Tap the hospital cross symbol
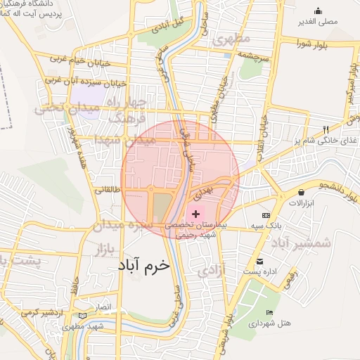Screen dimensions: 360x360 click(x=195, y=212)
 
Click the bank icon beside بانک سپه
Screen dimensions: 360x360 click(x=266, y=215)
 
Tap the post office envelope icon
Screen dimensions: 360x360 click(x=259, y=261)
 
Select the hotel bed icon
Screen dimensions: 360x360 click(x=269, y=313)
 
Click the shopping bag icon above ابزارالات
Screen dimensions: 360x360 click(x=302, y=192)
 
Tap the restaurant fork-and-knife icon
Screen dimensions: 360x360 click(x=325, y=129)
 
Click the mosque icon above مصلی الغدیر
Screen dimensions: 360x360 click(x=319, y=11)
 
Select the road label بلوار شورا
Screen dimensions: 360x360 click(x=314, y=44)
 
